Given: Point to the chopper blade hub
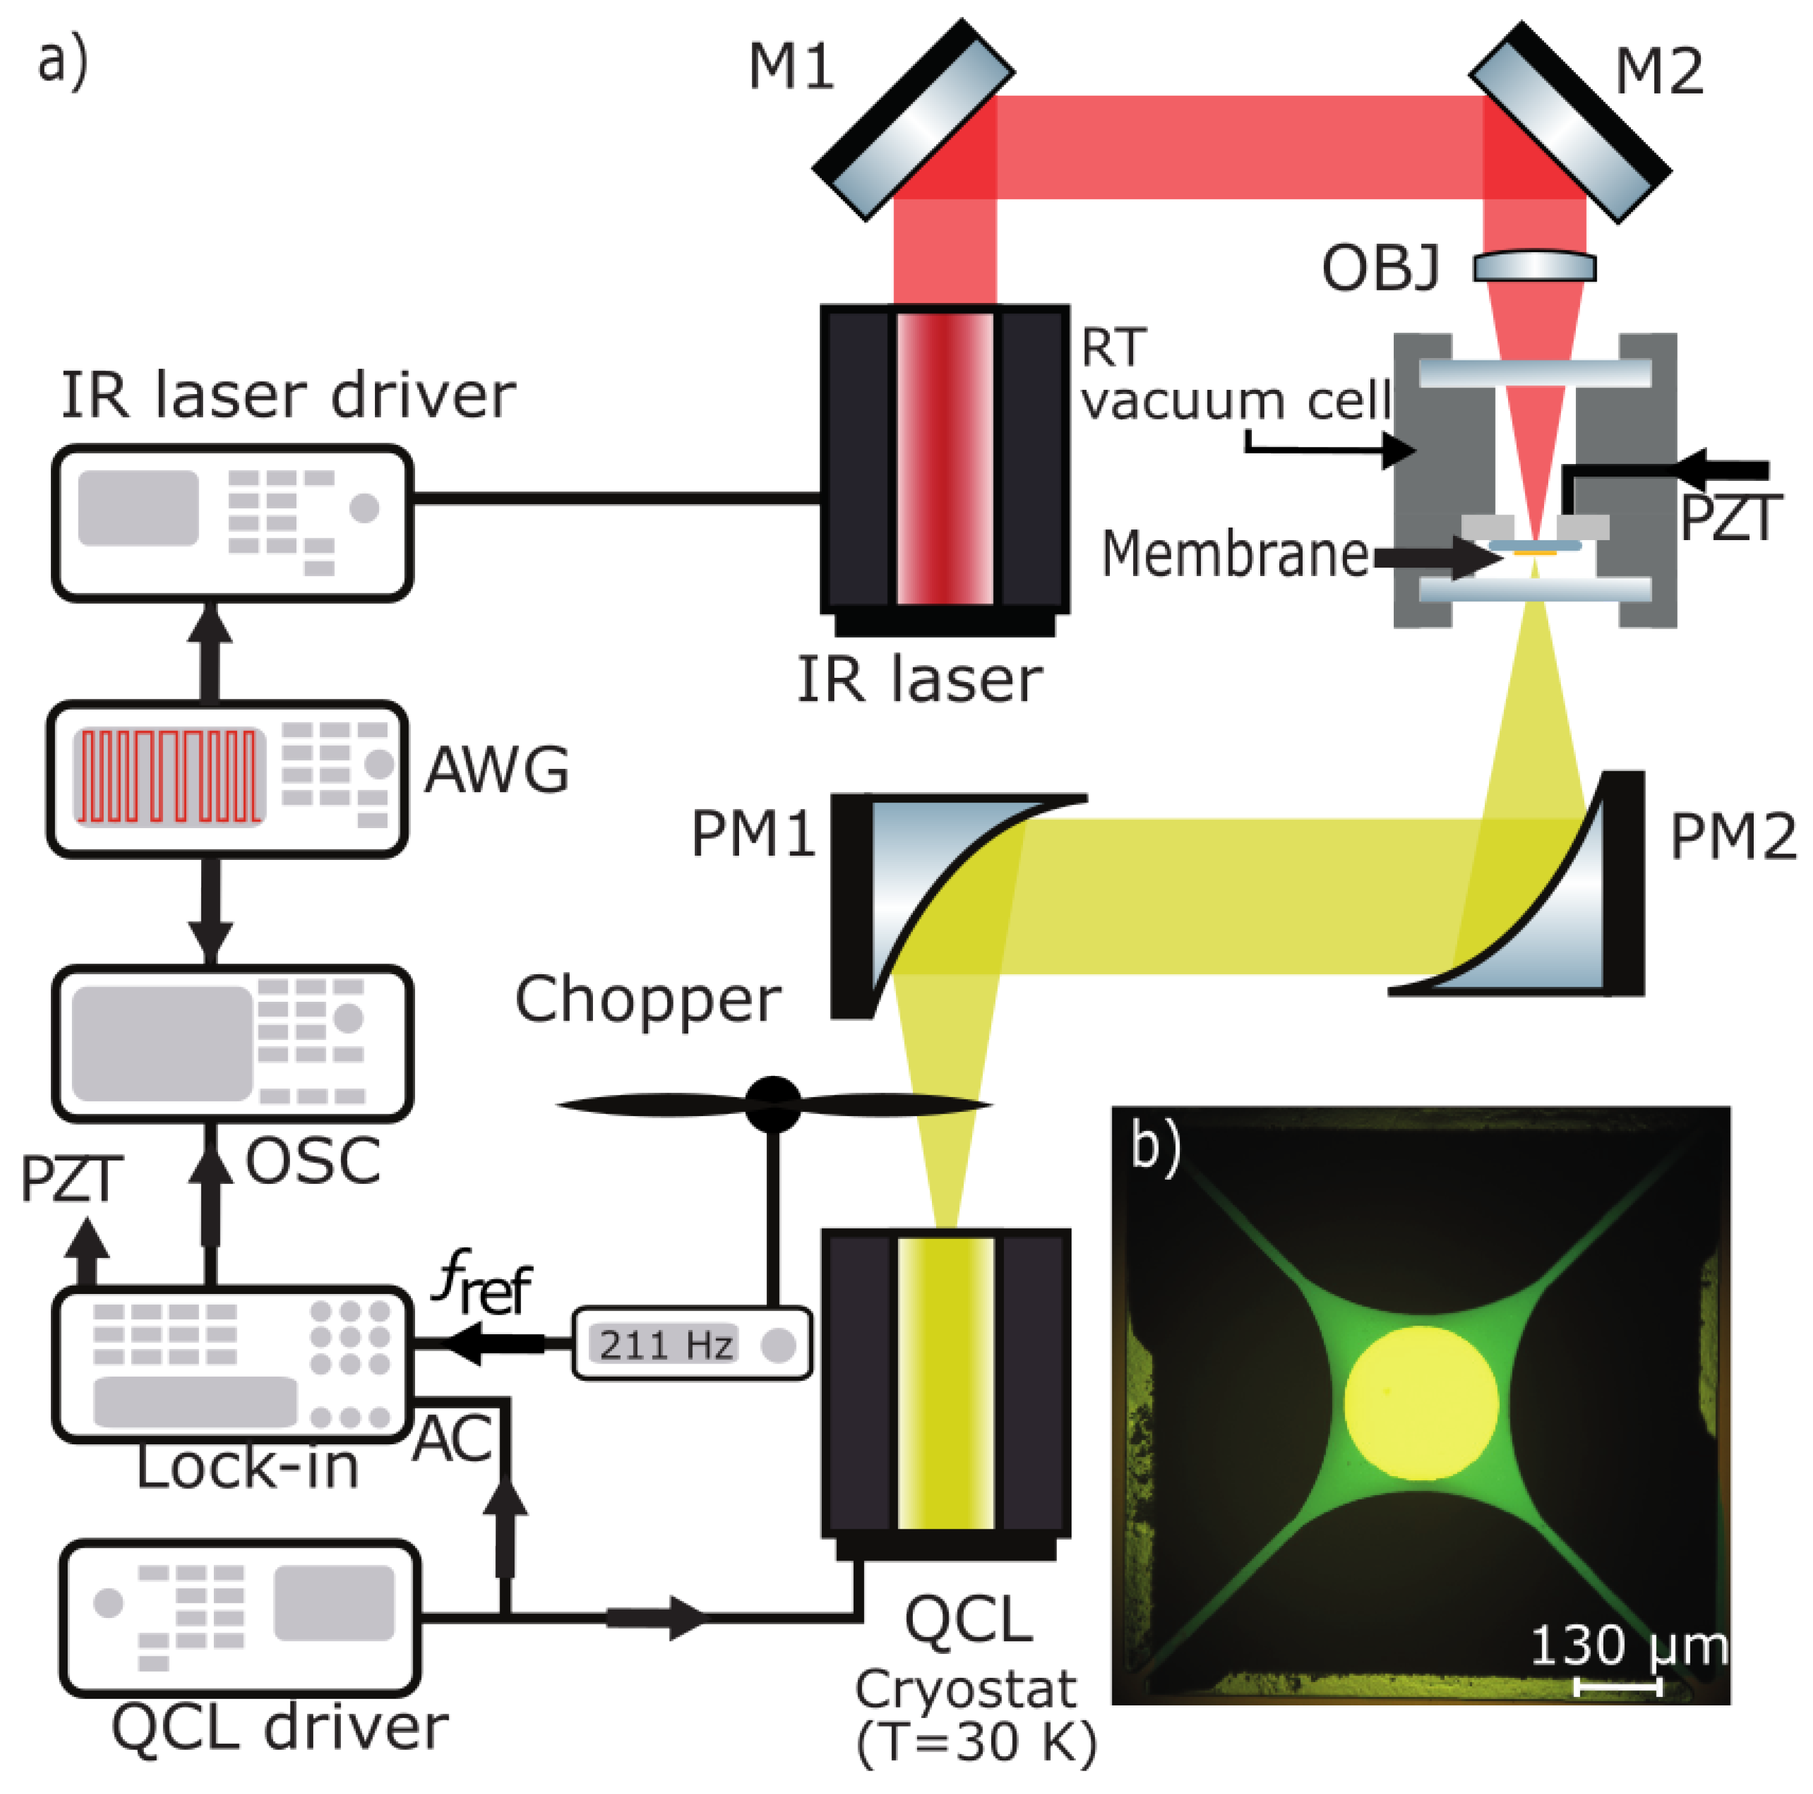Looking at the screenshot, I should tap(773, 1104).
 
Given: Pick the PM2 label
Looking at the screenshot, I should tap(1732, 837).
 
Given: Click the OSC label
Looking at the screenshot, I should tap(313, 1162).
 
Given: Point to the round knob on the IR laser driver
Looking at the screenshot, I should tap(364, 508).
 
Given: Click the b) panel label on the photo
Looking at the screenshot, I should tap(1155, 1147).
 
